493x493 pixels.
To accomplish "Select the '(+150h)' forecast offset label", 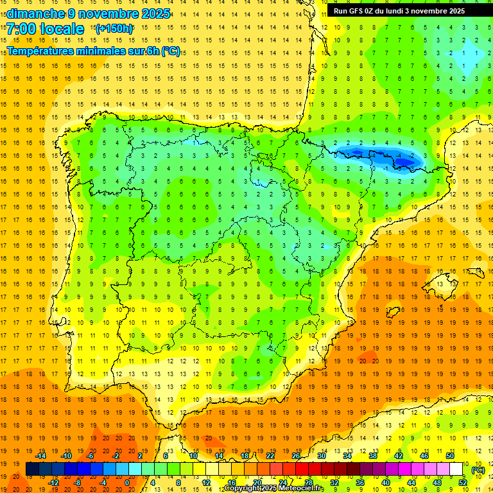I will (x=114, y=28).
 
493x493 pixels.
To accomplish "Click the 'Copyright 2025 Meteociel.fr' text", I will (x=274, y=489).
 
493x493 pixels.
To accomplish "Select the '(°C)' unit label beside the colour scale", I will (x=478, y=470).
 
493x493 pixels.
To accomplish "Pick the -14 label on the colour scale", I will (x=40, y=456).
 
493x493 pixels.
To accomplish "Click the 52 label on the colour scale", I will (x=463, y=483).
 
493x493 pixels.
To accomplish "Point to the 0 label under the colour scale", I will (x=127, y=483).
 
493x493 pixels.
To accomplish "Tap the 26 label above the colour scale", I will (x=296, y=456).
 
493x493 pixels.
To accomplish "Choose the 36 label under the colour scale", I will (x=360, y=483).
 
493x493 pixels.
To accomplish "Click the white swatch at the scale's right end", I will (x=456, y=469).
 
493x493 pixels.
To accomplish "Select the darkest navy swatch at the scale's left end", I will (x=32, y=469).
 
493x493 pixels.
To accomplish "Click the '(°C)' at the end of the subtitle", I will (x=171, y=51).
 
